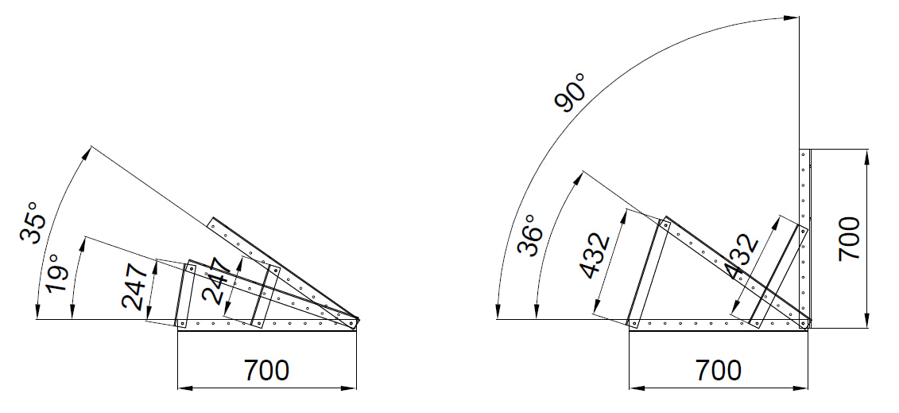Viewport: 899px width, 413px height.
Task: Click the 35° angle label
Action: pyautogui.click(x=32, y=222)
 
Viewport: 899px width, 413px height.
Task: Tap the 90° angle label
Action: pyautogui.click(x=571, y=92)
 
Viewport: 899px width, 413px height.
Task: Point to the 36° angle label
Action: pyautogui.click(x=529, y=235)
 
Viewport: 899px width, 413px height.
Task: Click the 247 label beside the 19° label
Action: pyautogui.click(x=135, y=286)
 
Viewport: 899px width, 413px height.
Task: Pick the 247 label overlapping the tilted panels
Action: pyautogui.click(x=217, y=280)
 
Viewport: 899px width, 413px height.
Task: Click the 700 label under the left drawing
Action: pyautogui.click(x=266, y=371)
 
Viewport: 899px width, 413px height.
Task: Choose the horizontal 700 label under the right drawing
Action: pyautogui.click(x=719, y=371)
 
